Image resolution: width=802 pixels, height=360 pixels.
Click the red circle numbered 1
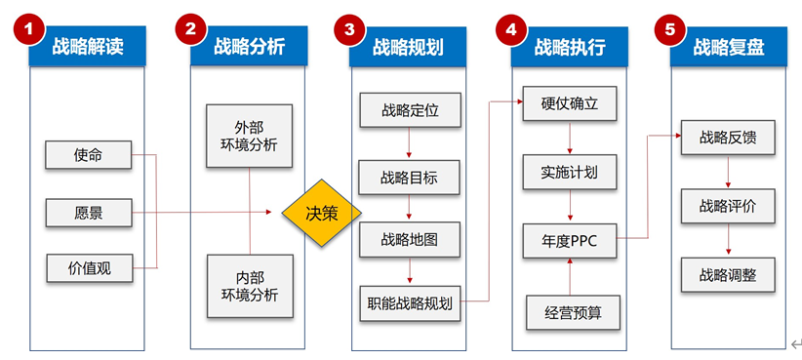tap(28, 28)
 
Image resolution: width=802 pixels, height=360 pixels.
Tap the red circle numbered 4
tap(510, 28)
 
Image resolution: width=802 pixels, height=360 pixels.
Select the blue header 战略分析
tap(249, 47)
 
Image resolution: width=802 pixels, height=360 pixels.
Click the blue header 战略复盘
tap(729, 47)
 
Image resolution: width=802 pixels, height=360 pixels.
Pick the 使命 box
tap(89, 155)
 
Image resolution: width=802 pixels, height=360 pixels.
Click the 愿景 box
tap(89, 213)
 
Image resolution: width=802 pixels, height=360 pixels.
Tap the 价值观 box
tap(90, 268)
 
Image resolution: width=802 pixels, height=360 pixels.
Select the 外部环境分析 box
tap(249, 136)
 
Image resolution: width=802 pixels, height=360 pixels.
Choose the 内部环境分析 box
tap(250, 287)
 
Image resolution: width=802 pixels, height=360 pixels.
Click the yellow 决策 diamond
tap(322, 213)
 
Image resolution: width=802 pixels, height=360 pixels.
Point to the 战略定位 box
tap(410, 110)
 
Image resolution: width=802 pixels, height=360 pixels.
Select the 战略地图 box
tap(409, 239)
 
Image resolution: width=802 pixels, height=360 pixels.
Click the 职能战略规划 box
tap(410, 303)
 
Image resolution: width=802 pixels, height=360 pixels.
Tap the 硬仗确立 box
tap(570, 103)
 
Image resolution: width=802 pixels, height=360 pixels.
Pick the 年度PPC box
tap(570, 241)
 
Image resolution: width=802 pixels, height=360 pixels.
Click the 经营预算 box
tap(574, 312)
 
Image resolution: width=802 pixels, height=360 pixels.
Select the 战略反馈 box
tap(728, 138)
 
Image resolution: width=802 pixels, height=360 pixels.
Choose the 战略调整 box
tap(728, 275)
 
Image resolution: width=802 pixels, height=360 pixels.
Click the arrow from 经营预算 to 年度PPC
tap(571, 277)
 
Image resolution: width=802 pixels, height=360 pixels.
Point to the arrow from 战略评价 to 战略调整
tap(729, 239)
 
